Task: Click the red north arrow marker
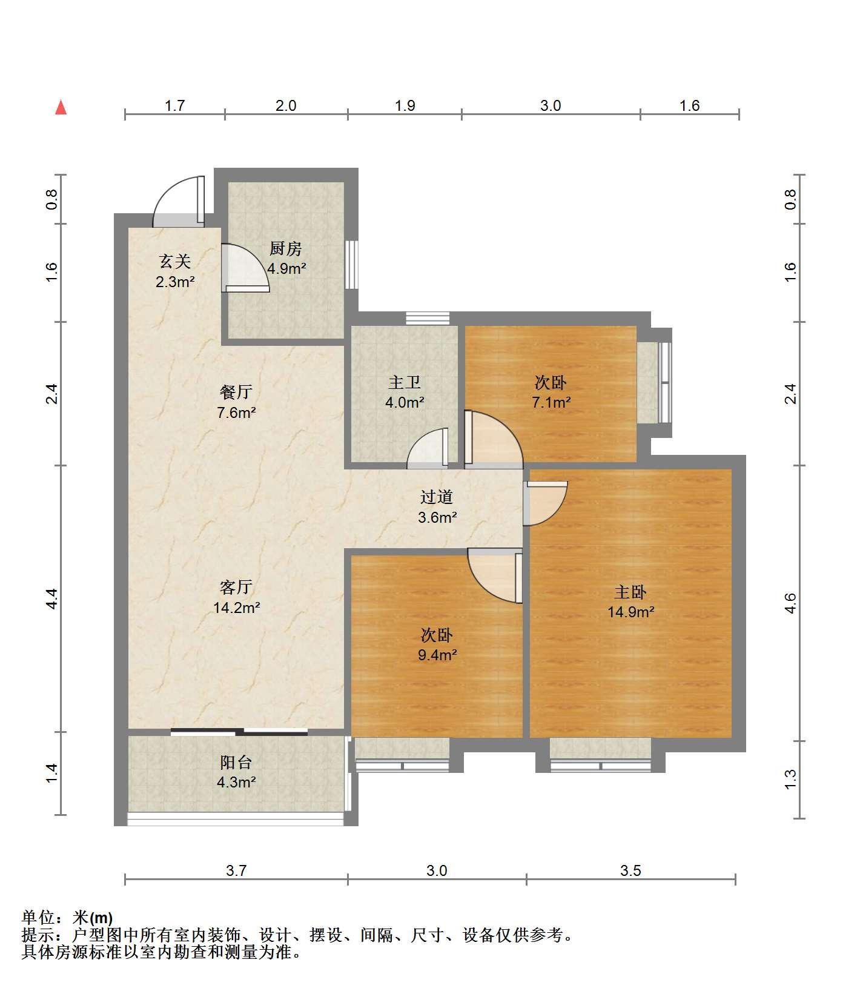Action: coord(61,108)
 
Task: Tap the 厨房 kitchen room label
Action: coord(286,249)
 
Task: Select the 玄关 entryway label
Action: coord(175,262)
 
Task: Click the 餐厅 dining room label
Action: coord(236,392)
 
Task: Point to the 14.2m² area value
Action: coord(236,608)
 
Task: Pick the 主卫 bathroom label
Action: coord(405,383)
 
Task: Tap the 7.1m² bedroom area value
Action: coord(551,402)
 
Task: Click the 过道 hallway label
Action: coord(437,497)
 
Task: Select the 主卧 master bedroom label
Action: coord(630,592)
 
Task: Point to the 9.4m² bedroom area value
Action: coord(437,655)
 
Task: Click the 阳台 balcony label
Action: coord(236,763)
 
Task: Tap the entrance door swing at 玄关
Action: coord(179,201)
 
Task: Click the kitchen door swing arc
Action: coord(245,268)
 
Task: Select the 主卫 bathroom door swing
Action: coord(428,448)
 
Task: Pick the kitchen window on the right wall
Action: coord(351,265)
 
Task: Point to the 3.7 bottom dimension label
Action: coord(236,870)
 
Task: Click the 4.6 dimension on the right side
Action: coord(790,603)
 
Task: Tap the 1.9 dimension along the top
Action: coord(405,106)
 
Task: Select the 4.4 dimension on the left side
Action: coord(52,598)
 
